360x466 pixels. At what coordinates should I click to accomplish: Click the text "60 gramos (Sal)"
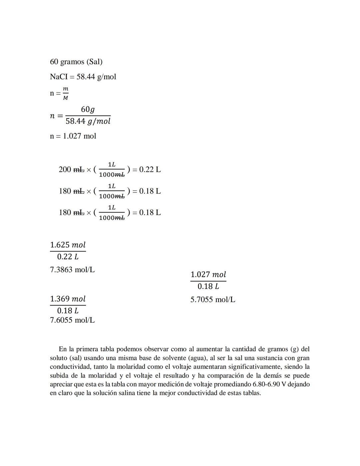click(76, 62)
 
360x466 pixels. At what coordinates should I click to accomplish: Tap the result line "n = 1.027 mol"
click(73, 136)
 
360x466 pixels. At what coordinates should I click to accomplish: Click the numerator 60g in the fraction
click(88, 109)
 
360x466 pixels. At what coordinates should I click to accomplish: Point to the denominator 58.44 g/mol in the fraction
click(88, 121)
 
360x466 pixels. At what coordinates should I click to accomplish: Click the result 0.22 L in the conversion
click(150, 169)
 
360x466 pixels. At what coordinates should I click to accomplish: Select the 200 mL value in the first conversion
click(71, 169)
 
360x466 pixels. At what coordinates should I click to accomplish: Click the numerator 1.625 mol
click(68, 245)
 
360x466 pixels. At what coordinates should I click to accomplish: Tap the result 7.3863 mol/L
click(72, 270)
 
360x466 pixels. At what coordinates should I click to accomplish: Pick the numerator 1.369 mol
click(68, 299)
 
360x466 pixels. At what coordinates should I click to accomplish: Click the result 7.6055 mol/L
click(72, 320)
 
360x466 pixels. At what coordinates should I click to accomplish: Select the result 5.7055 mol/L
click(213, 300)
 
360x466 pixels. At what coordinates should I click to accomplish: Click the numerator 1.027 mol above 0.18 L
click(208, 275)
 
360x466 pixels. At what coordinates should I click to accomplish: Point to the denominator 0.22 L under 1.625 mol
click(68, 257)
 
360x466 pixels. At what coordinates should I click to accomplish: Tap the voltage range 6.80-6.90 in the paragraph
click(266, 384)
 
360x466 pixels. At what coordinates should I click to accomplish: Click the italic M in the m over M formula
click(66, 98)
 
